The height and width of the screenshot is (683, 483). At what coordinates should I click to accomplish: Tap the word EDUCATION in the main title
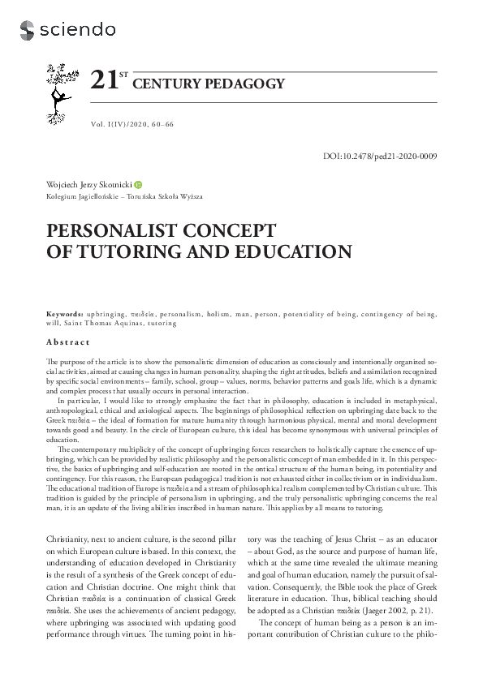293,251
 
